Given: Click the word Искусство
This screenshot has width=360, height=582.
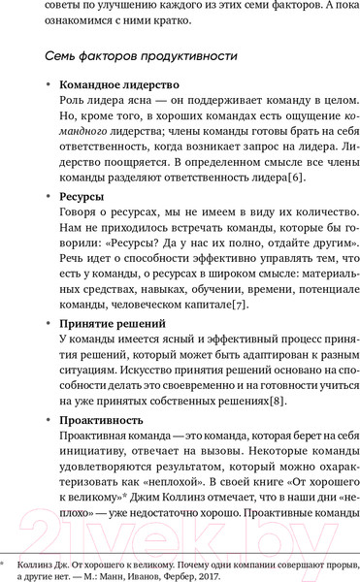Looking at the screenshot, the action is pos(158,372).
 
